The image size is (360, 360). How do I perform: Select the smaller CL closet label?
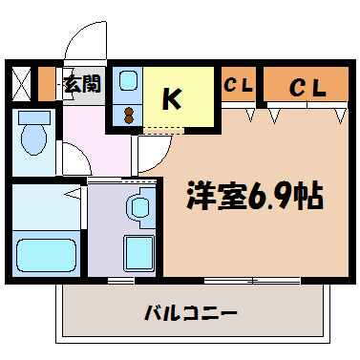pos(238,86)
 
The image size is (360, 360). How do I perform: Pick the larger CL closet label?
pos(307,87)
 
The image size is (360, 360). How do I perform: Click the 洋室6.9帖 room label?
pos(253,197)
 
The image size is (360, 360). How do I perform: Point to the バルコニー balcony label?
pos(191,312)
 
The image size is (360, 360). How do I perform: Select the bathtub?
pos(48,254)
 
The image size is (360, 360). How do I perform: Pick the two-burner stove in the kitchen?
pos(129,115)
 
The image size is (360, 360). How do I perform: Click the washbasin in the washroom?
pos(139,207)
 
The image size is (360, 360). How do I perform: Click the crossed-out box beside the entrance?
pos(22,84)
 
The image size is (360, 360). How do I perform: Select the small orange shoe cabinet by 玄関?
pos(49,84)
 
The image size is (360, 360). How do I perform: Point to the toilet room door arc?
pos(73,161)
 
